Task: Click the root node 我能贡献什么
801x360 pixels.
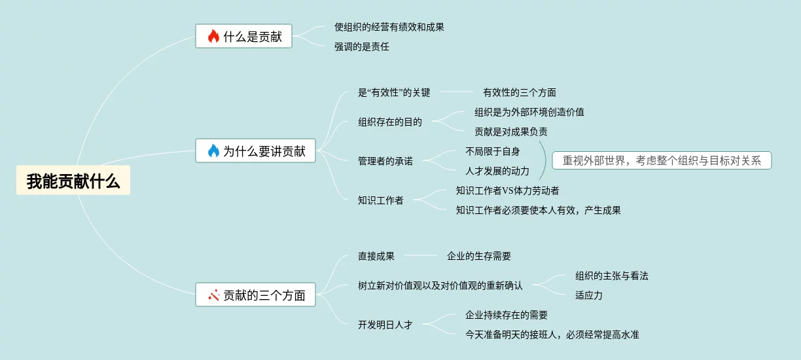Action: coord(73,181)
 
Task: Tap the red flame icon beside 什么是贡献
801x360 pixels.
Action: coord(213,37)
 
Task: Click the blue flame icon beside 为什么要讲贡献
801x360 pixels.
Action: coord(213,151)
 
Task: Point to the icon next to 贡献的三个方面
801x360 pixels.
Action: coord(213,295)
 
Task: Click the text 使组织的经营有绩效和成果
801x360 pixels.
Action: coord(389,27)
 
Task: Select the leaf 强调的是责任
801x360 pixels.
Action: coord(361,46)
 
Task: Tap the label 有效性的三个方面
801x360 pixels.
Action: coord(519,92)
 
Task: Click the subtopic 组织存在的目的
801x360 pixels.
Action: coord(389,122)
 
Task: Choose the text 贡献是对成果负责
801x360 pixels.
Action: coord(510,132)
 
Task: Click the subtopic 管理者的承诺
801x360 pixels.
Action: coord(385,161)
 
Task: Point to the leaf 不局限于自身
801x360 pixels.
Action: coord(492,151)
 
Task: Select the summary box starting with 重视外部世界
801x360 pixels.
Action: coord(662,161)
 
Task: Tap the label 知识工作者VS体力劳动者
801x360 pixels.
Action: coord(507,190)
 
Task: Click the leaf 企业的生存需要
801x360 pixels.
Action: coord(478,256)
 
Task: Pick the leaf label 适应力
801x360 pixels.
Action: coord(588,295)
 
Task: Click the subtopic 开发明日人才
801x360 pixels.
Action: coord(385,325)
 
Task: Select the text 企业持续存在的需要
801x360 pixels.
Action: coord(506,315)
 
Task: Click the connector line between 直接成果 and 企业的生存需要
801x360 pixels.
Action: coord(421,256)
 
